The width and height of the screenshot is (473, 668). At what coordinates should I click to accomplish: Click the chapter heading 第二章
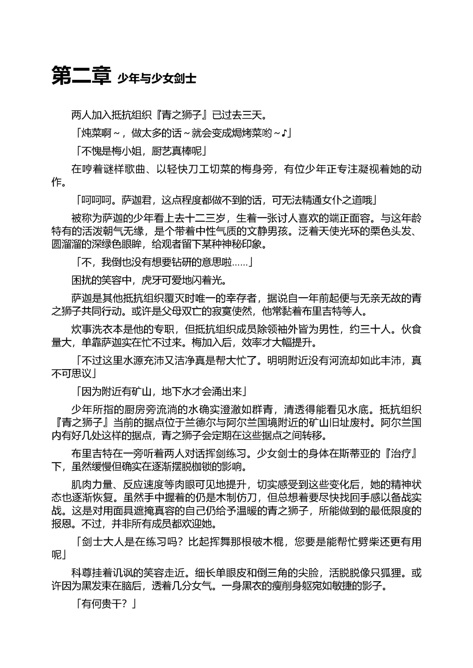pos(81,76)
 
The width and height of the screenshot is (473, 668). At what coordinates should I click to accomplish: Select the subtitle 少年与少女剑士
pos(157,78)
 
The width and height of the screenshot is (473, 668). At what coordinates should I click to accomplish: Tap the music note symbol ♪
pos(283,133)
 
